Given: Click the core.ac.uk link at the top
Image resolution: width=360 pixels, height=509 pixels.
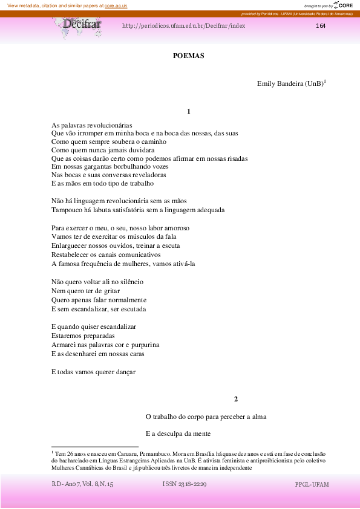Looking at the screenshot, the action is (x=116, y=5).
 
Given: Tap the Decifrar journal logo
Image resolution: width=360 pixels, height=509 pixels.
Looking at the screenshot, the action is (x=82, y=26).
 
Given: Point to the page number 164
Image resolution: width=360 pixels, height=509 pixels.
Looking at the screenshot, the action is (x=321, y=26).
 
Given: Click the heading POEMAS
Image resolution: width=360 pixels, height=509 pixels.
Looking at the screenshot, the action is (x=189, y=56).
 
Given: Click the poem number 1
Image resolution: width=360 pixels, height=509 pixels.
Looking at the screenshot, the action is (x=189, y=111).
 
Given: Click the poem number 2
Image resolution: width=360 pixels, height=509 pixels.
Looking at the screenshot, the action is (x=236, y=399).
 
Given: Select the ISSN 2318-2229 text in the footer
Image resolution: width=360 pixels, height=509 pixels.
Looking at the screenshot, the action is (x=185, y=485).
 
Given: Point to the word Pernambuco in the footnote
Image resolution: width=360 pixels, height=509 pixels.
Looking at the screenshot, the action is (x=154, y=453).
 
